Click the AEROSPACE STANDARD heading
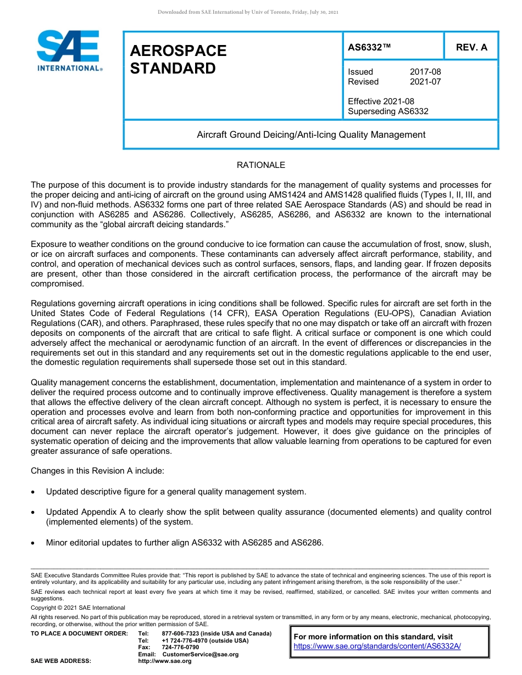point(178,59)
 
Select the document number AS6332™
point(369,47)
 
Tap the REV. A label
point(471,47)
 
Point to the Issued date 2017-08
point(425,72)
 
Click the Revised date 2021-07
point(425,82)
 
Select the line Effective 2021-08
point(381,102)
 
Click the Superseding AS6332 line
point(388,111)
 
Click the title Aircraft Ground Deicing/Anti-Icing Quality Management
point(311,134)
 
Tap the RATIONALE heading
point(260,165)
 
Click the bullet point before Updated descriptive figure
point(34,492)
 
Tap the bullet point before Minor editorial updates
point(34,543)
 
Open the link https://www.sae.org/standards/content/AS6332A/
point(377,646)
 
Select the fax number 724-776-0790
point(180,648)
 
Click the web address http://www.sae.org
point(165,661)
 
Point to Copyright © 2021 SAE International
point(78,607)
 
